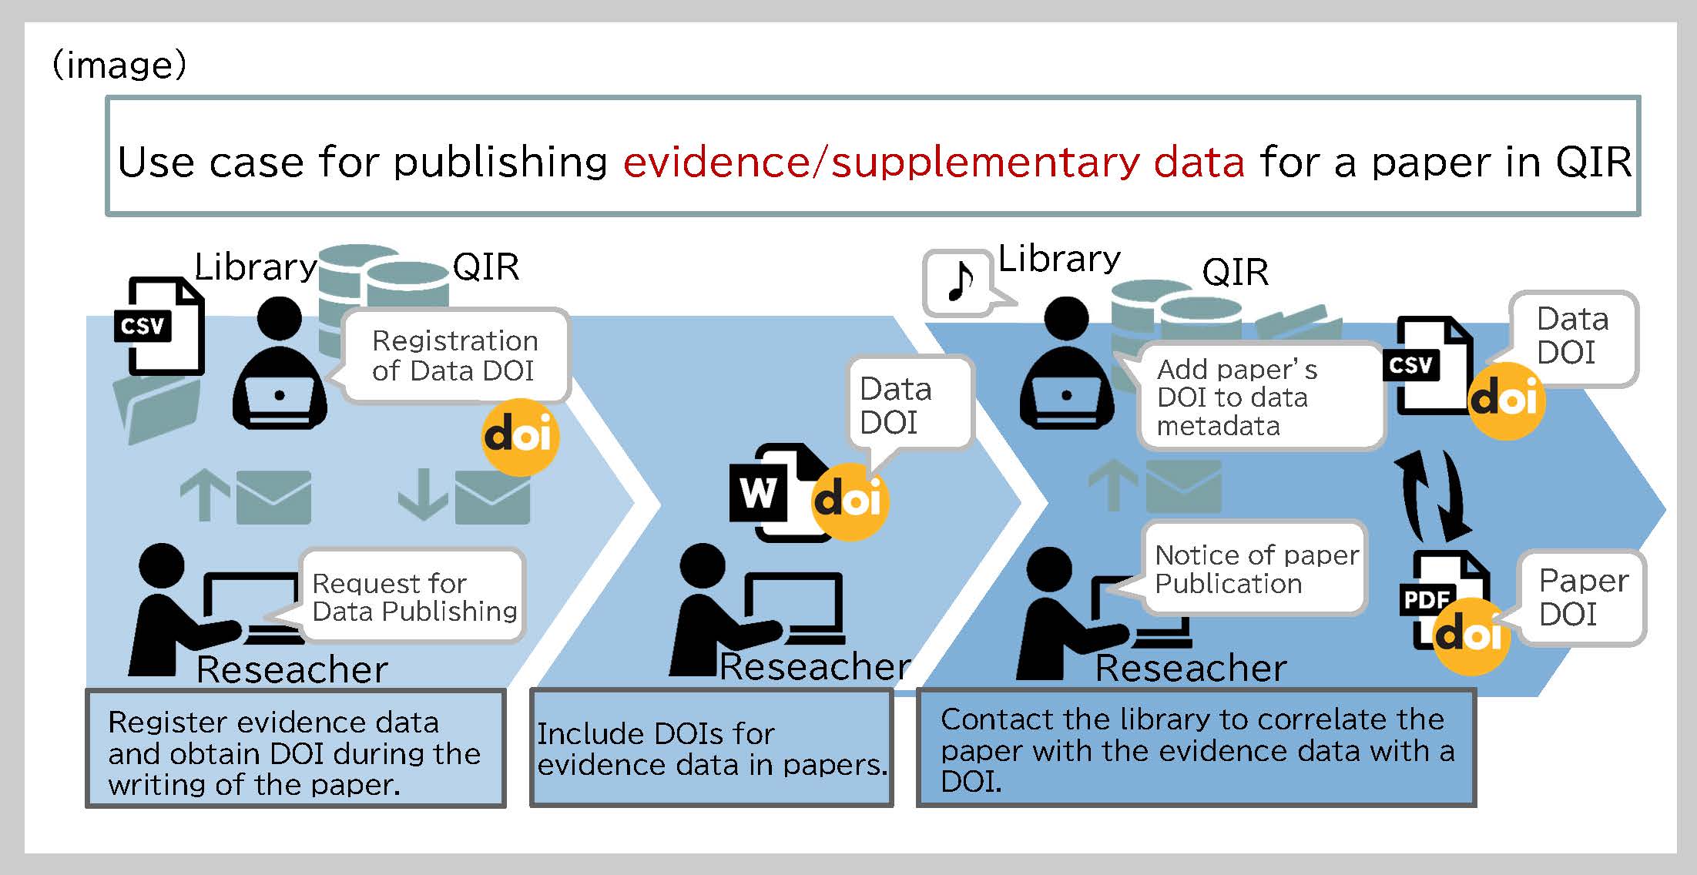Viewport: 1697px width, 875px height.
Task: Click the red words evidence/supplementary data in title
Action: point(933,162)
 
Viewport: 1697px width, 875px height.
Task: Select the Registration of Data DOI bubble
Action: point(455,356)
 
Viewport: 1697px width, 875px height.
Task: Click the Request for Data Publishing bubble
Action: point(413,596)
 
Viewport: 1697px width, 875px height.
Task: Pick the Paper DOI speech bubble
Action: point(1582,597)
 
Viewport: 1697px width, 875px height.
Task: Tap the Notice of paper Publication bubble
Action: point(1256,568)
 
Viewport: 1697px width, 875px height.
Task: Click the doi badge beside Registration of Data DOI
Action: point(520,437)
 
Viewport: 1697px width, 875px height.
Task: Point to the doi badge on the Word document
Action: point(849,501)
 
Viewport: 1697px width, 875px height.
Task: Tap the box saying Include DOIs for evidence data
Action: point(711,749)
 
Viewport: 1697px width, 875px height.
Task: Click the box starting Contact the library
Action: point(1196,749)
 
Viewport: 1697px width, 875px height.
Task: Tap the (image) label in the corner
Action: point(119,65)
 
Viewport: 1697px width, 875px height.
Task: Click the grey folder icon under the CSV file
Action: point(156,408)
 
